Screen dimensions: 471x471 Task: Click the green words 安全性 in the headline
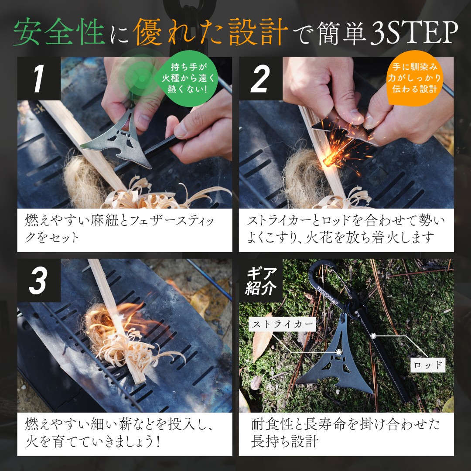[x=59, y=32]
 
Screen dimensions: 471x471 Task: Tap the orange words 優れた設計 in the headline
[x=210, y=32]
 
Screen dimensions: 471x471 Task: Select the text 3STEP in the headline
[x=413, y=32]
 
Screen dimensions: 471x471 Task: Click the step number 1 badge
[x=39, y=78]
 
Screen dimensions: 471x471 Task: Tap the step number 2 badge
[x=260, y=78]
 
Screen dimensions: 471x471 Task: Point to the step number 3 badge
[x=39, y=280]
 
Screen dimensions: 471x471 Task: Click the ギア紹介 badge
[x=260, y=280]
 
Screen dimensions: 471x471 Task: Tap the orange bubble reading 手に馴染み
[x=414, y=78]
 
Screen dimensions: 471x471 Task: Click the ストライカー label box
[x=283, y=324]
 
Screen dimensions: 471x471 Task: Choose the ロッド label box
[x=428, y=365]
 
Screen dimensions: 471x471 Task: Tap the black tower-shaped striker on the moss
[x=336, y=361]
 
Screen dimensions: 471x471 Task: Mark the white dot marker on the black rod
[x=373, y=336]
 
